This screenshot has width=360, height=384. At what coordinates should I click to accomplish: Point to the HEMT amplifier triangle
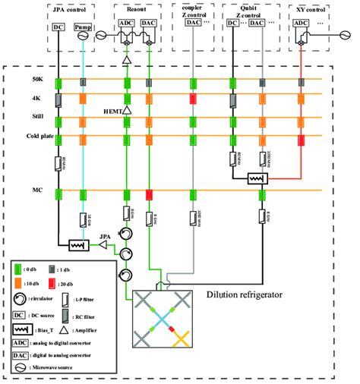point(127,111)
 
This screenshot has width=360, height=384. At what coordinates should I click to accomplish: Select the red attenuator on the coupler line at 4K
point(194,99)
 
